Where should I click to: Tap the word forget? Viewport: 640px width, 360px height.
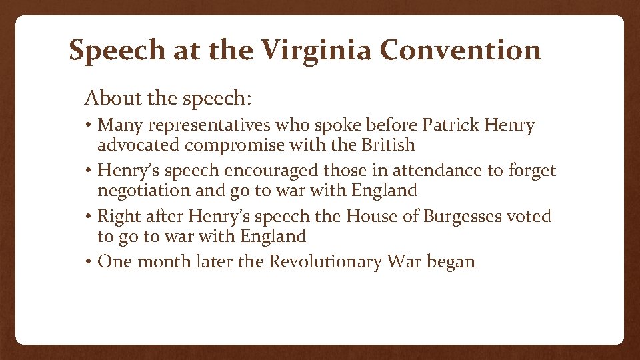[531, 171]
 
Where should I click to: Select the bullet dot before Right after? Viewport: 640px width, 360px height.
[89, 217]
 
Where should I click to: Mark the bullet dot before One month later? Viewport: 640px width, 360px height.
[89, 262]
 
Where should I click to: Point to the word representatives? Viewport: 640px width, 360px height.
[208, 126]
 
